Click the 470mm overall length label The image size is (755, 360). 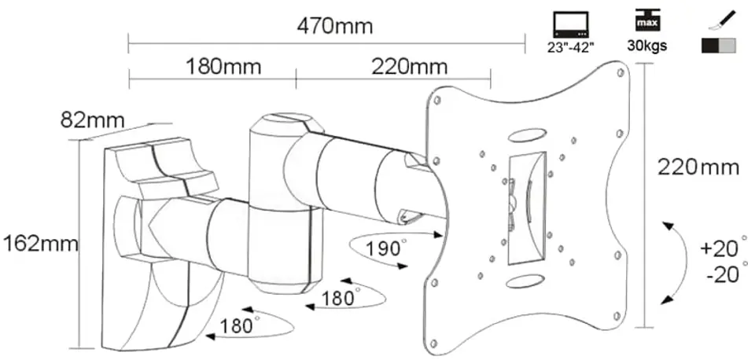335,26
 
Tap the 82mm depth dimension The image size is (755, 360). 93,120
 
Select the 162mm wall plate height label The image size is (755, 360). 40,244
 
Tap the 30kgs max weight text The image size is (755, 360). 646,46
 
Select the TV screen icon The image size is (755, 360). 571,25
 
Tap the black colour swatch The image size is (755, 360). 710,46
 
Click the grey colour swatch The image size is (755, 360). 727,46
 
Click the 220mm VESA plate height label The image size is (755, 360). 698,167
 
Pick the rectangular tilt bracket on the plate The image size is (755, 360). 526,208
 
